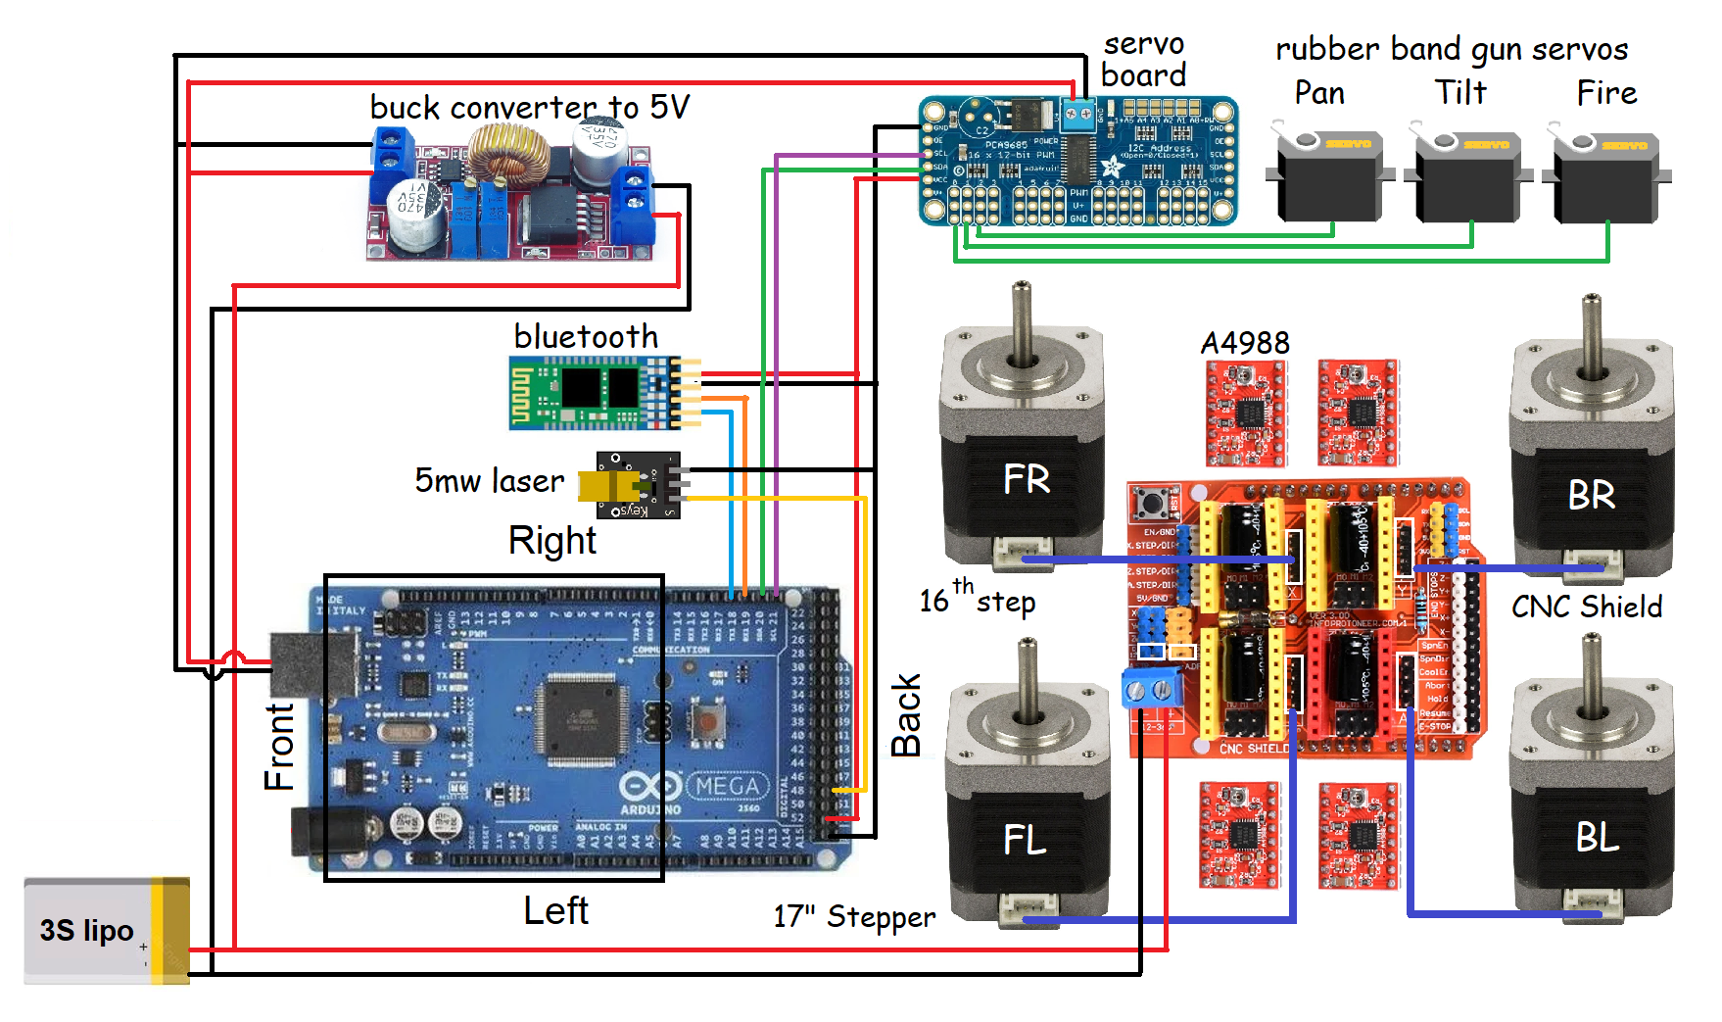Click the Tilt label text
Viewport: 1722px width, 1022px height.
[x=1460, y=92]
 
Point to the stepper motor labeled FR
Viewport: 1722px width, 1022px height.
[x=1023, y=461]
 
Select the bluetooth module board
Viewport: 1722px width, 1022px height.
[x=593, y=393]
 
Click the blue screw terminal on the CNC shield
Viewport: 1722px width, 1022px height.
[x=1152, y=689]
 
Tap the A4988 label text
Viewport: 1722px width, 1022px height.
[x=1245, y=343]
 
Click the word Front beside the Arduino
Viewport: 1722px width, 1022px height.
[x=279, y=746]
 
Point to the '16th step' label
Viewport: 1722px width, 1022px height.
[x=977, y=598]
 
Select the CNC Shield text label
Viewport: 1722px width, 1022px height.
[x=1586, y=607]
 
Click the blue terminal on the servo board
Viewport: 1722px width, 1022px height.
[x=1078, y=117]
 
